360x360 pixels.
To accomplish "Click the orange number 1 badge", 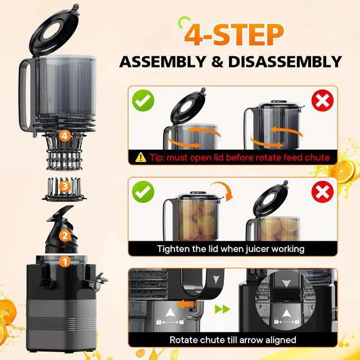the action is (65, 262).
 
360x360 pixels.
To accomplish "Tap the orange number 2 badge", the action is (65, 236).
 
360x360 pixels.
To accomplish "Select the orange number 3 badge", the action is (65, 186).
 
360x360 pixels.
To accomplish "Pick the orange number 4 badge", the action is (65, 136).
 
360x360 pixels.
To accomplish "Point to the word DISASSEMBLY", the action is (285, 61).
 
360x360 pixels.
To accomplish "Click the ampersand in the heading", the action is (217, 61).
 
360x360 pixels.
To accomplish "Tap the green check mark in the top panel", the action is (143, 100).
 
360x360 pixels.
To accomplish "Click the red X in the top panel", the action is (322, 100).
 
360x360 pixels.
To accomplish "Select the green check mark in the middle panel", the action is (143, 192).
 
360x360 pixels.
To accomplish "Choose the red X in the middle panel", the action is (322, 192).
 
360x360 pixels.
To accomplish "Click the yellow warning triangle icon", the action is (141, 157).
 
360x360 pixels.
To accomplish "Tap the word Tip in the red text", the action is (157, 157).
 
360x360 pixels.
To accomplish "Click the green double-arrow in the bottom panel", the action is (222, 309).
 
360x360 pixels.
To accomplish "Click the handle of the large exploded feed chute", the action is (26, 96).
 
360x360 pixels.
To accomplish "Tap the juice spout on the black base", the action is (96, 281).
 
